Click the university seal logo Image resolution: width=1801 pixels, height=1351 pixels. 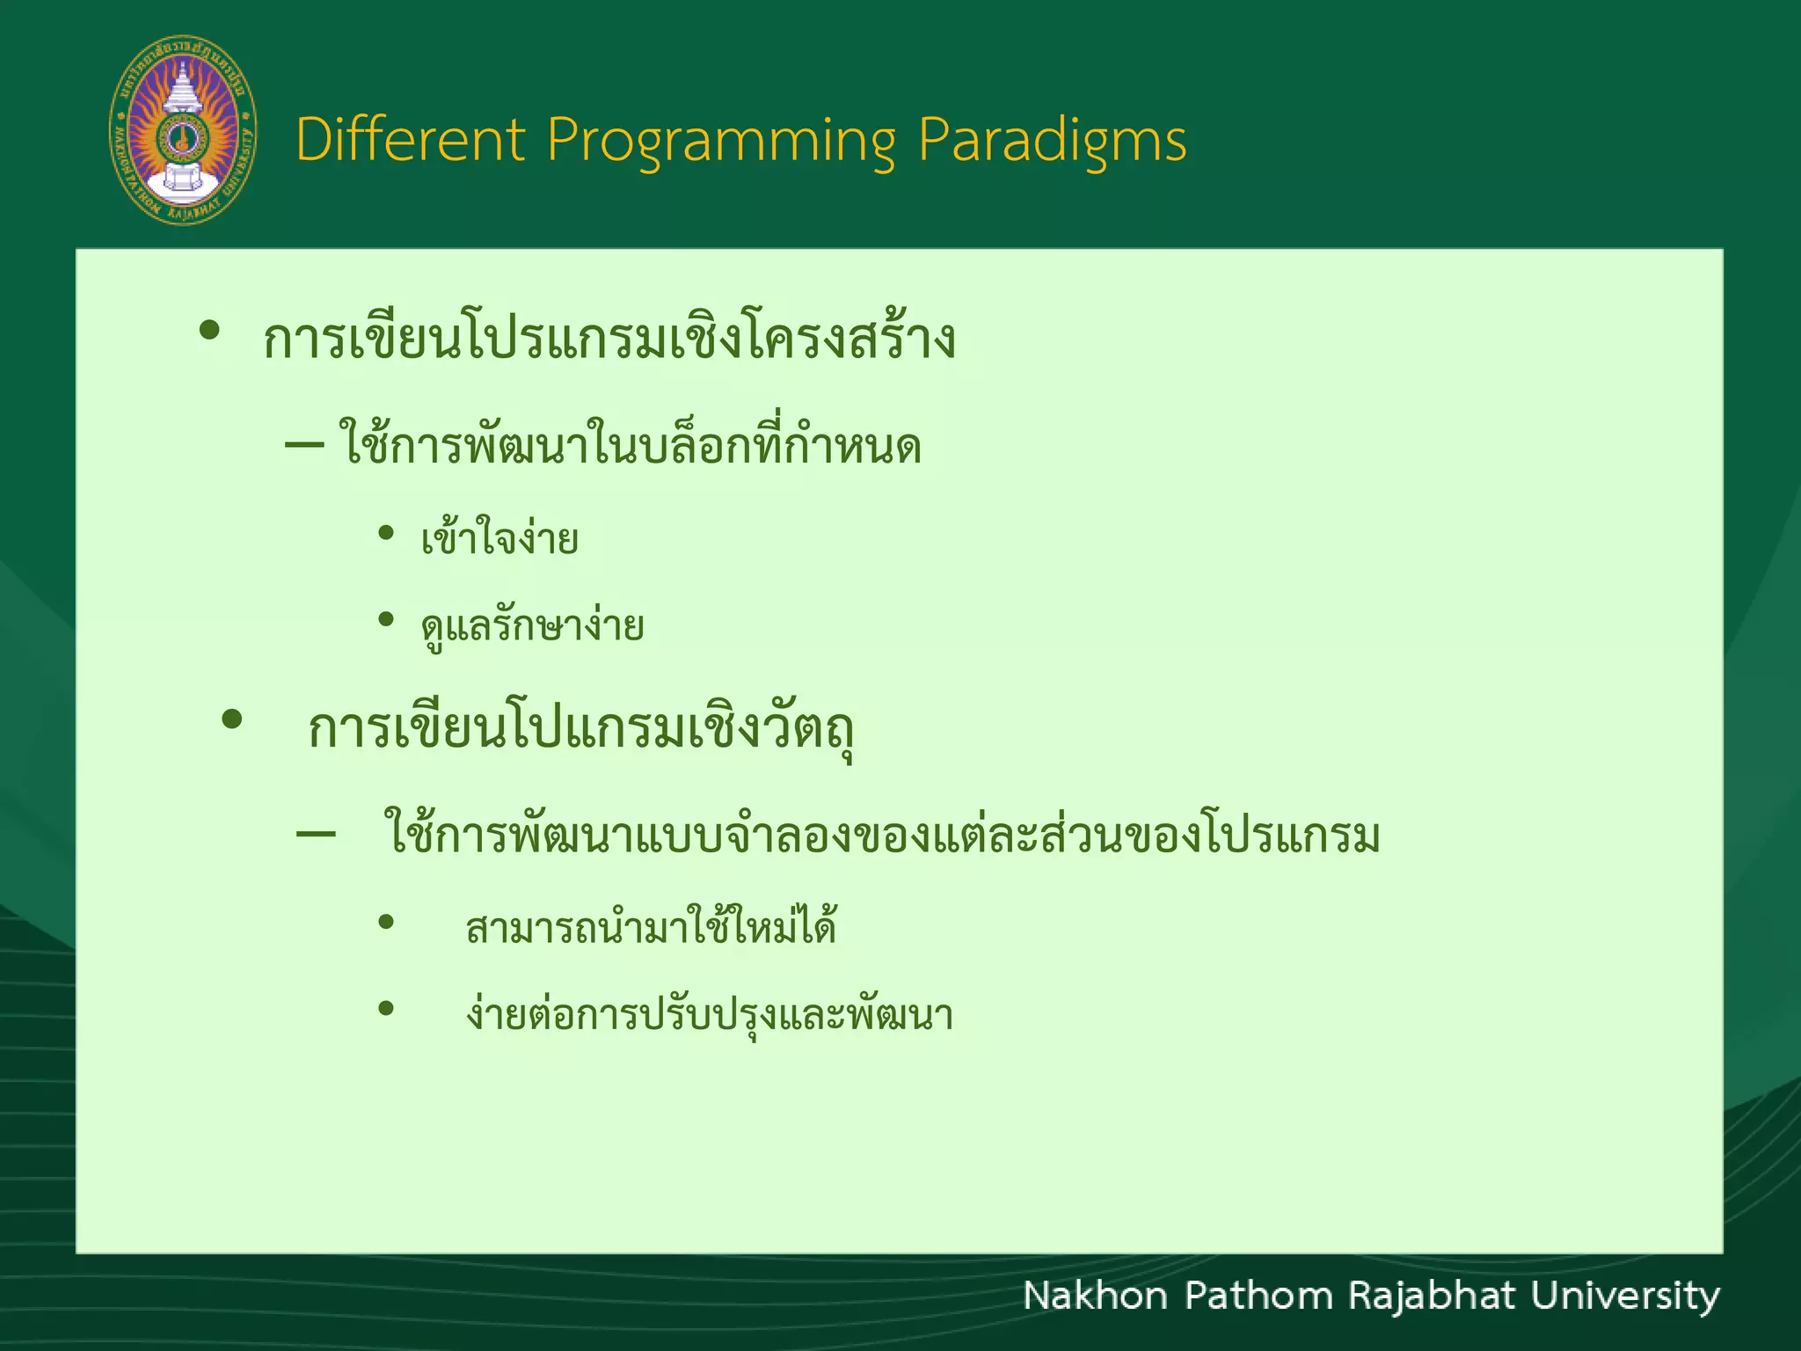[x=183, y=130]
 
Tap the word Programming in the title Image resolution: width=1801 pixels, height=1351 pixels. [x=721, y=141]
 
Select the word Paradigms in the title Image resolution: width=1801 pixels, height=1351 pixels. [x=1052, y=141]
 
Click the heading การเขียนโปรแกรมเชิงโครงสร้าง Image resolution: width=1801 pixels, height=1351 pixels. [x=609, y=339]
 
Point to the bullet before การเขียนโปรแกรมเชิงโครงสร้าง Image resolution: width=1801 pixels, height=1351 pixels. [x=209, y=332]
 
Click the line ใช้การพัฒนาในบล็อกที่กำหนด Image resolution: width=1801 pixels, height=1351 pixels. [x=630, y=444]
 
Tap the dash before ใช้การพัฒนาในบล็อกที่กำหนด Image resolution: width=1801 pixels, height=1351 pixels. [x=304, y=445]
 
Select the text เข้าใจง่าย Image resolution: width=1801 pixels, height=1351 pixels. [x=499, y=538]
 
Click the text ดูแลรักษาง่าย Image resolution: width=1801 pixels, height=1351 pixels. [x=532, y=626]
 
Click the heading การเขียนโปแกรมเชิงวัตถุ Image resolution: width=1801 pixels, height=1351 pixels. [x=580, y=730]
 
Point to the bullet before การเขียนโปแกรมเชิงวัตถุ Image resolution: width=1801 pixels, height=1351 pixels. [x=231, y=720]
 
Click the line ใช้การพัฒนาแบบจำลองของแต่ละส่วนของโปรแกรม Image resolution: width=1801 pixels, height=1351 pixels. [x=882, y=836]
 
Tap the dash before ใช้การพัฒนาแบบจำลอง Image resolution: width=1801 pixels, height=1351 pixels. [x=316, y=834]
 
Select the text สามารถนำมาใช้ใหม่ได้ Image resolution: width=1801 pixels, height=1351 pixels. [x=651, y=928]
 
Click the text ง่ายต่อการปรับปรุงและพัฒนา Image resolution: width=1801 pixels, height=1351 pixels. [x=709, y=1015]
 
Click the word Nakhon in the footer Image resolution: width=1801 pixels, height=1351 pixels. [x=1095, y=1296]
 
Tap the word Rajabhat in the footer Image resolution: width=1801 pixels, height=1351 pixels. [x=1431, y=1296]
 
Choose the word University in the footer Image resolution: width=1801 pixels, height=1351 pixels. [x=1625, y=1296]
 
